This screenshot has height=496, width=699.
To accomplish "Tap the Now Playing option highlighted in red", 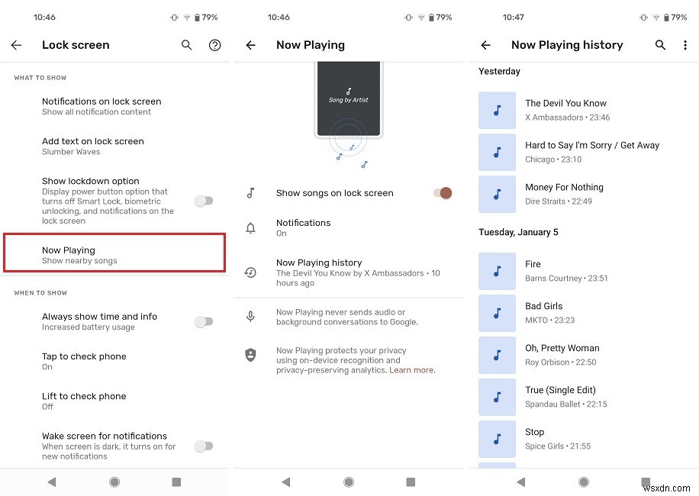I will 114,254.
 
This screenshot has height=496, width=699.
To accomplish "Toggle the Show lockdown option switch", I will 203,201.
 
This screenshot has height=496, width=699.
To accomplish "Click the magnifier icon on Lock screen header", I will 186,45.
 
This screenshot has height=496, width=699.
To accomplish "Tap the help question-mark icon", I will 215,45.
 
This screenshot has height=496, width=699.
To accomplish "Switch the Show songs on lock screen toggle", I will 443,193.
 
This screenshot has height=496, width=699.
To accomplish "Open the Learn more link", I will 412,370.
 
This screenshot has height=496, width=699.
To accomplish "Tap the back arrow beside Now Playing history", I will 485,45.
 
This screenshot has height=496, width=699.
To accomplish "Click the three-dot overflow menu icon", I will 685,45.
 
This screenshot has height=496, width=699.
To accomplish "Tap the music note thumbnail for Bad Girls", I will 498,313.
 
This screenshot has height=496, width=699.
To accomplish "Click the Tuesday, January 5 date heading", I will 518,232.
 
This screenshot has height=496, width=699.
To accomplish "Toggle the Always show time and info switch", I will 203,321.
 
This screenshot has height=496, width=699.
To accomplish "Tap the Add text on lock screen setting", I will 92,146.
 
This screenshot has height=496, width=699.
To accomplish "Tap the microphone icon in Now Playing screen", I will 250,317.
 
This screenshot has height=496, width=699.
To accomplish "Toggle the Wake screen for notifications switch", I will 203,446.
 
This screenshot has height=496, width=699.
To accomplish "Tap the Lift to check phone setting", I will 84,401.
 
